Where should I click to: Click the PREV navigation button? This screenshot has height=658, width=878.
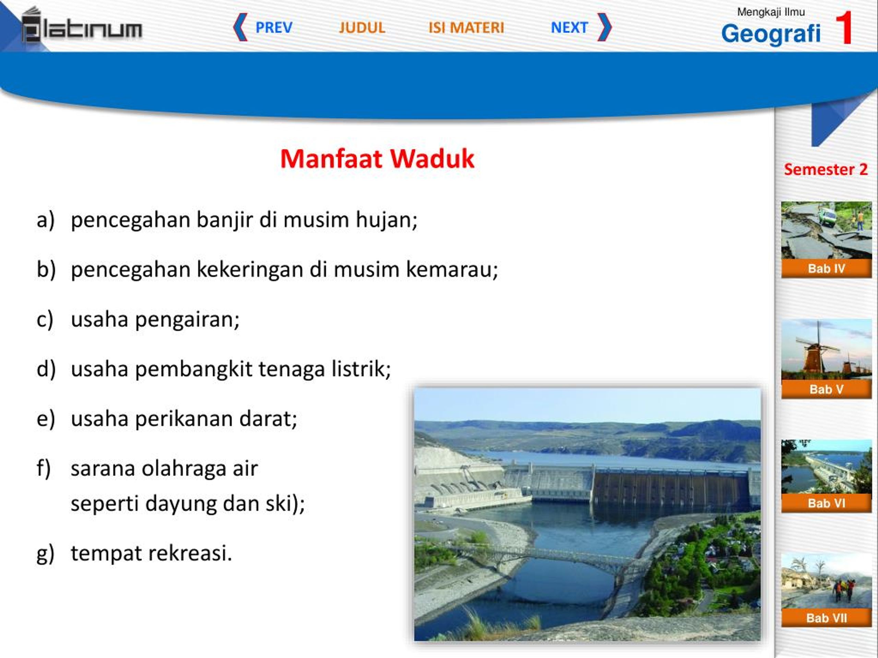[263, 27]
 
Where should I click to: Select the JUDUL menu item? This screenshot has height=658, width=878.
[362, 27]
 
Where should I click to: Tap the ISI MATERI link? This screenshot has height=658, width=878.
[466, 27]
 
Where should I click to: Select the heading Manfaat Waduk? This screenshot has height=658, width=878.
[377, 159]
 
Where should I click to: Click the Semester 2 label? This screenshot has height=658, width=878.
[826, 169]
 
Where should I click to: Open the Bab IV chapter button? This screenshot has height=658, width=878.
[827, 269]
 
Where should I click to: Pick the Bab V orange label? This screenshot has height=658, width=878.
[827, 389]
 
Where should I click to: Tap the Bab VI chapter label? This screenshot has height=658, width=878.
[827, 503]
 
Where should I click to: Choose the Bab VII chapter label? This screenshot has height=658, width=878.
[827, 618]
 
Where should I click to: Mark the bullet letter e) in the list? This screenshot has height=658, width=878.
[46, 419]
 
